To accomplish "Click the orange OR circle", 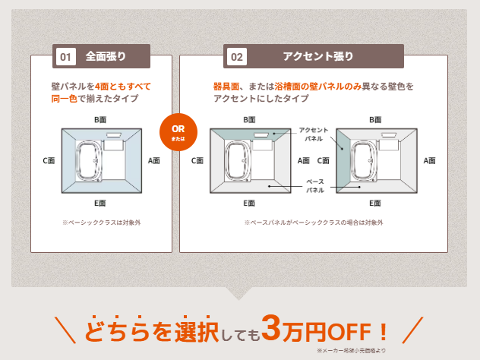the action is (x=178, y=132).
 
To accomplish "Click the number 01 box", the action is (x=66, y=57).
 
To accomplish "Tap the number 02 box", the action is (x=237, y=57).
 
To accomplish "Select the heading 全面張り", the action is (x=106, y=56).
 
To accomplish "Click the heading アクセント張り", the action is (x=318, y=56).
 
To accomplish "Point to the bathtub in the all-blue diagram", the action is (x=89, y=161).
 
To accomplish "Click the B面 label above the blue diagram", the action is (x=100, y=120).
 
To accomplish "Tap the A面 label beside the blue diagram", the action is (x=153, y=161).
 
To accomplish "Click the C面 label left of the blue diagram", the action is (x=49, y=161).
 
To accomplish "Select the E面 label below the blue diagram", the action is (x=99, y=203).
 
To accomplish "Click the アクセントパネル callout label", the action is (x=314, y=134).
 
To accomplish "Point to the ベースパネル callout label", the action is (x=315, y=186).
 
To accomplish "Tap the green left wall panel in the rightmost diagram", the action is (x=343, y=161).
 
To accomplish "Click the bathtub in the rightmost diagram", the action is (x=363, y=161).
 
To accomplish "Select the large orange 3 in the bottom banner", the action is (x=272, y=328).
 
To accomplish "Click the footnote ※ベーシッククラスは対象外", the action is (x=101, y=223).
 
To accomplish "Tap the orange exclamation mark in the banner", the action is (x=383, y=331).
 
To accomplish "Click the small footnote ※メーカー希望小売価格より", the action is (x=351, y=351).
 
